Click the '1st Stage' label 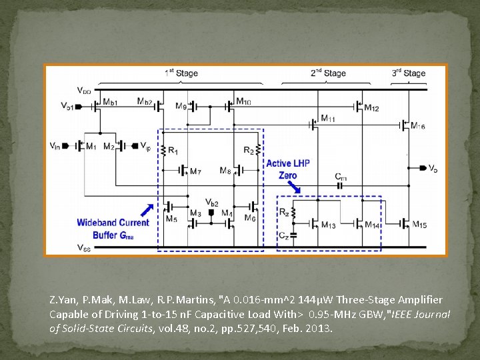click(181, 73)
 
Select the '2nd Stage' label click(328, 73)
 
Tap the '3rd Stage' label click(408, 73)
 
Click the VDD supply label click(85, 90)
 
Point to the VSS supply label click(84, 248)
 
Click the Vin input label click(55, 145)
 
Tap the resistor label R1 click(173, 152)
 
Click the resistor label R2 click(248, 151)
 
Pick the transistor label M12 click(372, 108)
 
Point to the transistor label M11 click(328, 119)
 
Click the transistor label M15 click(419, 225)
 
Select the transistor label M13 click(328, 225)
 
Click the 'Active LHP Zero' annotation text click(288, 169)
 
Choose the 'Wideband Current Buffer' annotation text click(113, 229)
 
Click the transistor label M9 click(181, 106)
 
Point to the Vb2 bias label click(211, 203)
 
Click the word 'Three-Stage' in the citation click(356, 300)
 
